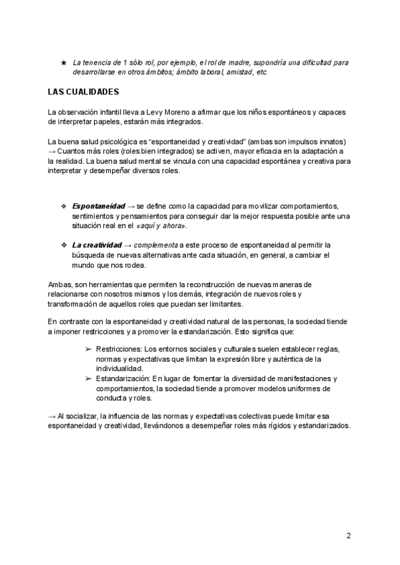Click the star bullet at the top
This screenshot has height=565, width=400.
point(63,63)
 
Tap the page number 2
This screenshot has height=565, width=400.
point(349,535)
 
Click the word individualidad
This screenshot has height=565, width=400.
point(124,368)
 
